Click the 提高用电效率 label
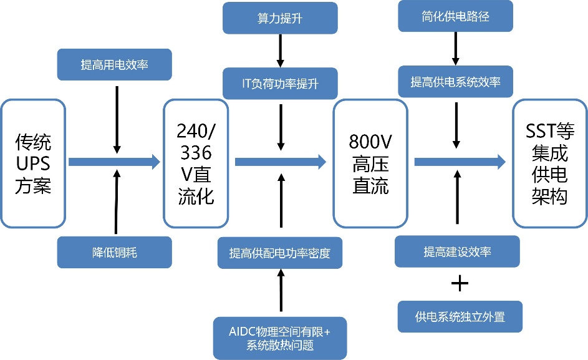point(115,64)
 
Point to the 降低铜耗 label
point(115,252)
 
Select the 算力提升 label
point(279,17)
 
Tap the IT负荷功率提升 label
point(279,83)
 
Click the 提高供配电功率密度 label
point(279,253)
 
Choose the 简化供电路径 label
point(456,17)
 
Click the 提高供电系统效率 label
point(456,82)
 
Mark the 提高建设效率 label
point(458,252)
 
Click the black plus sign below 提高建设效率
point(459,284)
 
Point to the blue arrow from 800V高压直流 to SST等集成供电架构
point(460,162)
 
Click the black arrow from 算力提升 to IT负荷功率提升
point(280,51)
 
